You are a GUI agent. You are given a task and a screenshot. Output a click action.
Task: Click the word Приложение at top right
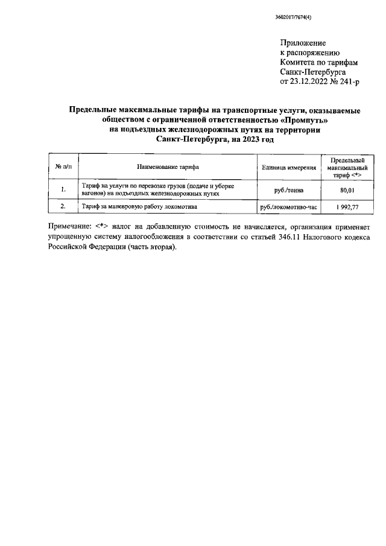[303, 43]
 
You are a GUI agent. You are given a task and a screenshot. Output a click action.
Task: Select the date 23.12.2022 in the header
[310, 81]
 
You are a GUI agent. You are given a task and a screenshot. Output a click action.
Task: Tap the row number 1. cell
[63, 190]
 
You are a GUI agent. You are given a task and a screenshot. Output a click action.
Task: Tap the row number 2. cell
[63, 207]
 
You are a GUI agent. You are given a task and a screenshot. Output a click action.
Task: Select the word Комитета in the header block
[299, 62]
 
